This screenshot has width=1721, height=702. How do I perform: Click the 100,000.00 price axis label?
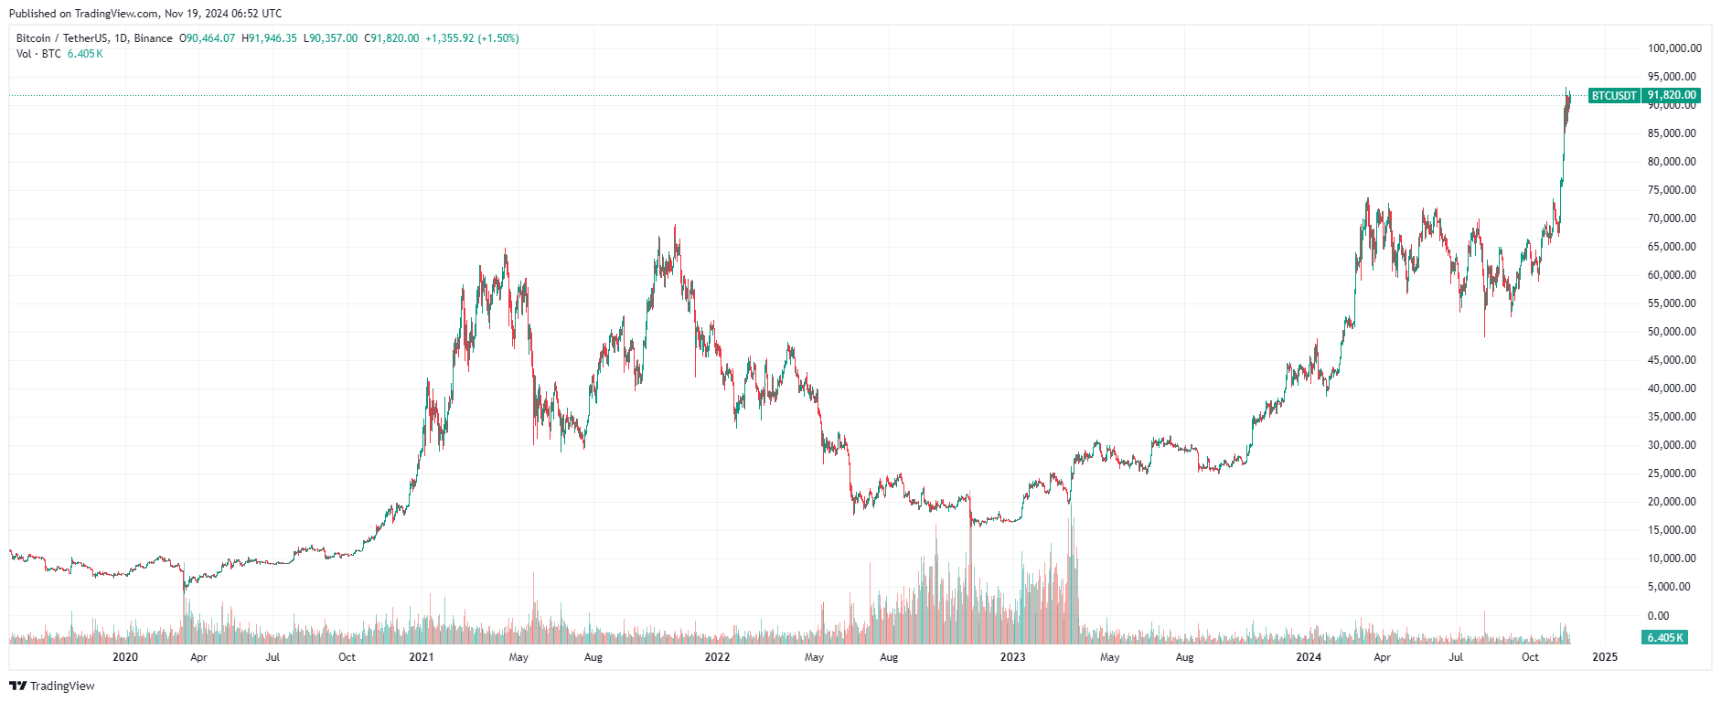[x=1673, y=48]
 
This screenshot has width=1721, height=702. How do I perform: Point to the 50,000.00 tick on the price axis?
[x=1672, y=332]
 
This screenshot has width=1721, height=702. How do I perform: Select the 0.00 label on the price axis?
[x=1658, y=615]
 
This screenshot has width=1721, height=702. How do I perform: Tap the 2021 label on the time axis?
[x=421, y=657]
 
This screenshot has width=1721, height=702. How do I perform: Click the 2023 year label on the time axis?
[x=1012, y=657]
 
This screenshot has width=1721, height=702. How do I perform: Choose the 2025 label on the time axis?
[x=1604, y=657]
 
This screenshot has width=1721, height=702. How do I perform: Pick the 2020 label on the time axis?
[x=125, y=657]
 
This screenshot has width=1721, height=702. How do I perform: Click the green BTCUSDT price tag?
[x=1614, y=95]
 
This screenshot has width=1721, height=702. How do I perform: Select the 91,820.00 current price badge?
[x=1672, y=95]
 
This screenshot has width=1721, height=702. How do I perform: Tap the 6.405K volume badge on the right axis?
[x=1664, y=637]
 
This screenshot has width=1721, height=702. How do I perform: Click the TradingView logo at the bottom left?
[x=52, y=686]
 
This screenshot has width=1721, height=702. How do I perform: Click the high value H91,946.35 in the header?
[x=269, y=38]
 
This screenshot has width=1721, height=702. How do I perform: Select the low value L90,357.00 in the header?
[x=330, y=38]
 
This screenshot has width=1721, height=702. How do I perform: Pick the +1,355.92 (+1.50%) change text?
[x=472, y=38]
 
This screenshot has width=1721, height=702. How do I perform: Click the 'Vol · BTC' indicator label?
[x=38, y=54]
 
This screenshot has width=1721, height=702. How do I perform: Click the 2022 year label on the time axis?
[x=717, y=657]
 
